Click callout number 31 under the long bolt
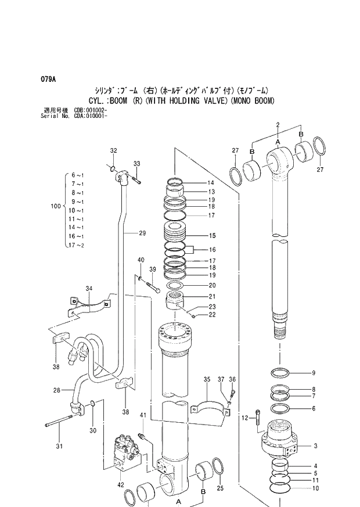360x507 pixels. [57, 446]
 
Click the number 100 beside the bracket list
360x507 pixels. [56, 206]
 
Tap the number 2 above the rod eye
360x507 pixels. [278, 125]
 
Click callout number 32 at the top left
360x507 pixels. [114, 150]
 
